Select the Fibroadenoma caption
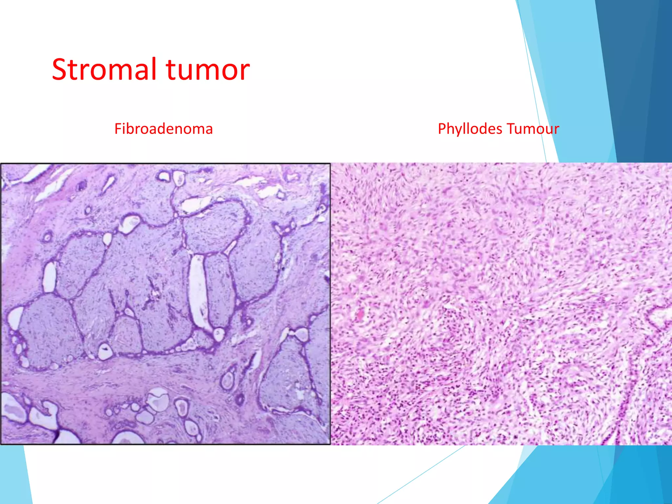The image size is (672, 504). coord(163,129)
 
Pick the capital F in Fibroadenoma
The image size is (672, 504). coord(117,129)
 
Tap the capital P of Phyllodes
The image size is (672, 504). coord(442,129)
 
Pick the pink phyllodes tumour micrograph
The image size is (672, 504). coord(501,304)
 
